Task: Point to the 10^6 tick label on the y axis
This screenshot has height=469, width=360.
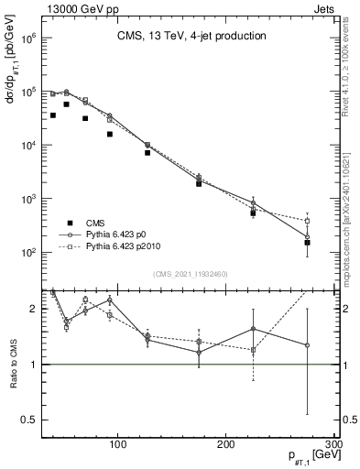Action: [x=28, y=39]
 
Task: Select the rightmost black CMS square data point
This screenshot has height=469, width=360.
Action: [x=308, y=243]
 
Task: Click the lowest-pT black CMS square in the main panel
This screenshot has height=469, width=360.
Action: [x=53, y=115]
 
